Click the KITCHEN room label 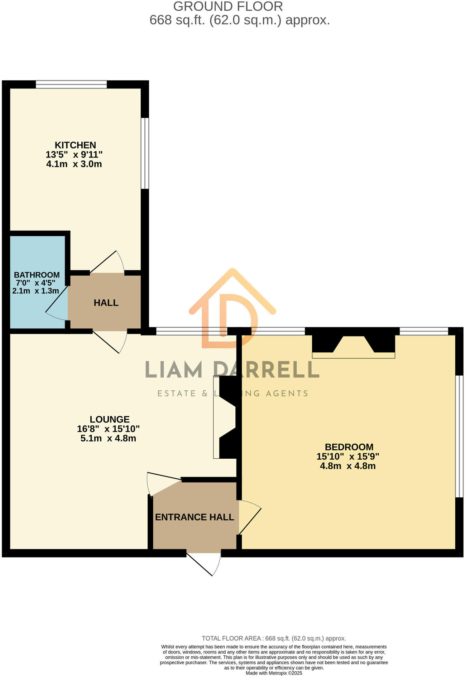point(75,145)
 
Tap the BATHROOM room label point(37,275)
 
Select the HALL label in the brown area point(106,303)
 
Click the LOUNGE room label point(110,419)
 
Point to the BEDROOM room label point(349,447)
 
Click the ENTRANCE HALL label point(195,517)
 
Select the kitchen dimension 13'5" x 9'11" point(74,155)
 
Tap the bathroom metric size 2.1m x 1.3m point(35,291)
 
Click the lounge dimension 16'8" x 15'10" point(108,429)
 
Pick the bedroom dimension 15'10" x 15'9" point(347,457)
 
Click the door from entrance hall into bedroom point(249,516)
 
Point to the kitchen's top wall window point(71,84)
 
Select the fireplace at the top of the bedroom point(354,346)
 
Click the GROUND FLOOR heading point(228,6)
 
